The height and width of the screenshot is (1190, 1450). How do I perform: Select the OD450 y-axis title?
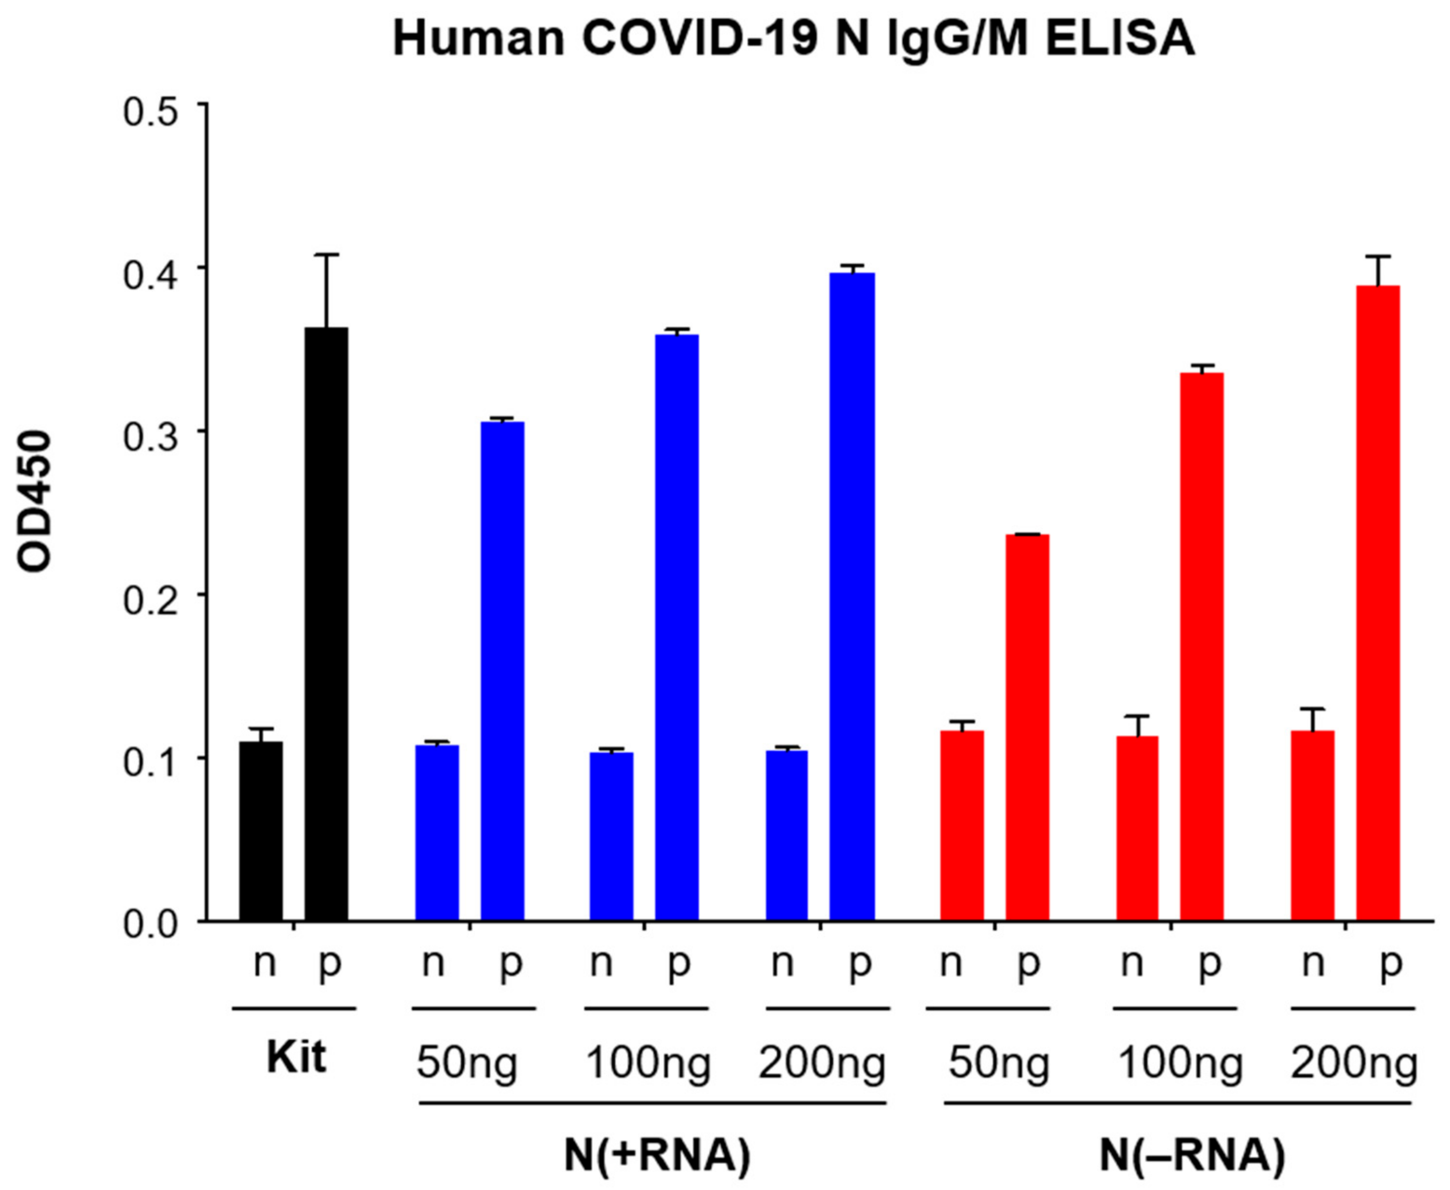(x=34, y=500)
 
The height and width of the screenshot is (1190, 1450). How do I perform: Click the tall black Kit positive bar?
(x=326, y=624)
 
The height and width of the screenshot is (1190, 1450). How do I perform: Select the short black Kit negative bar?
(x=261, y=831)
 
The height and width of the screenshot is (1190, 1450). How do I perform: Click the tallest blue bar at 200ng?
(x=852, y=596)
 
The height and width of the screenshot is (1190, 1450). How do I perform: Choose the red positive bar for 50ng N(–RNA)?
(x=1027, y=727)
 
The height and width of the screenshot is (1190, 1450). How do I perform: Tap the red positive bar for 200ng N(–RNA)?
(x=1378, y=603)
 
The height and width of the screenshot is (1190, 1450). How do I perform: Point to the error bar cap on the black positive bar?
(x=326, y=255)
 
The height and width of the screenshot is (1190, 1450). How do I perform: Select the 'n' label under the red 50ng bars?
(x=951, y=963)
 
